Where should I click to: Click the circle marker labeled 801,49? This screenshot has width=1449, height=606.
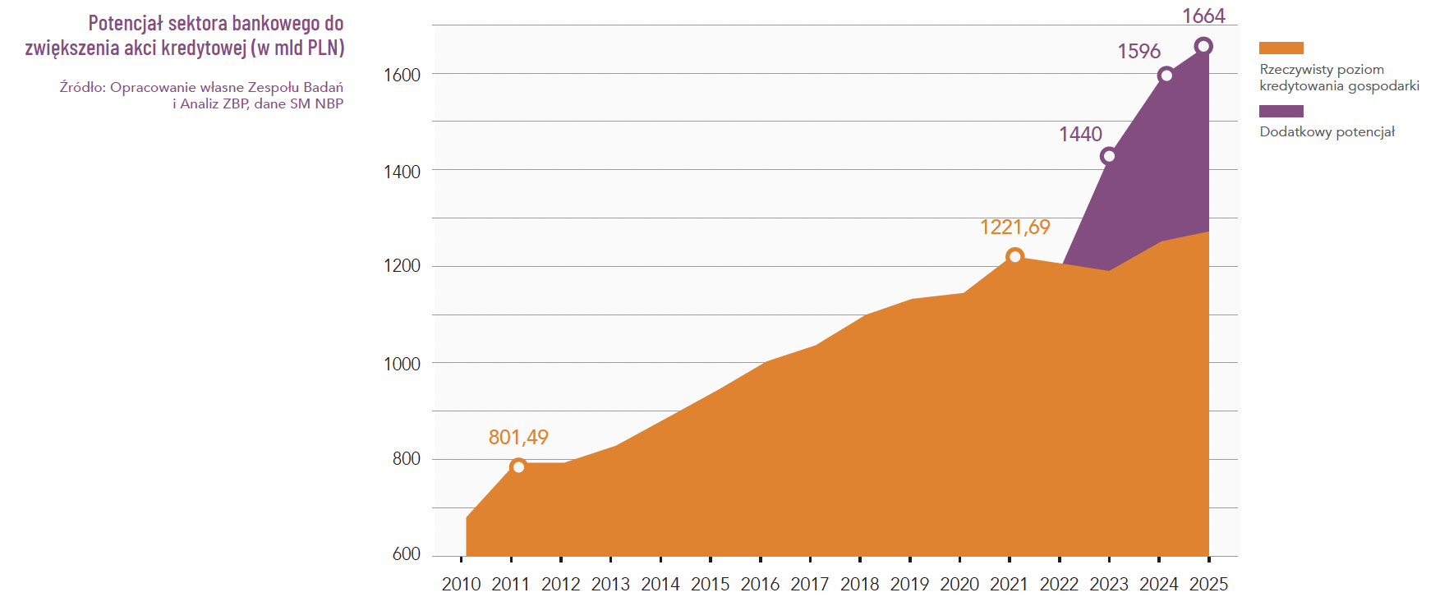point(518,466)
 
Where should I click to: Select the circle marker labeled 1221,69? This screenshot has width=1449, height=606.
point(1014,257)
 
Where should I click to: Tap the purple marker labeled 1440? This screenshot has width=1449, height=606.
point(1108,156)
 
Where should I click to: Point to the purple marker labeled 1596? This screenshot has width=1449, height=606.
point(1166,76)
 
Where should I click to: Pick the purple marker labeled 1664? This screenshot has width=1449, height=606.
point(1203,46)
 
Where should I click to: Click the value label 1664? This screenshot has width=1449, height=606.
point(1203,16)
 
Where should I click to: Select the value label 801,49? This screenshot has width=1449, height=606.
point(518,438)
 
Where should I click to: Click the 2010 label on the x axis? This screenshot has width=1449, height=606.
point(461,584)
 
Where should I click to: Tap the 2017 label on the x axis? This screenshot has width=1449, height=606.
point(810,584)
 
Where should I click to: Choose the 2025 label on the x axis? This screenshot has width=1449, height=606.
point(1208,584)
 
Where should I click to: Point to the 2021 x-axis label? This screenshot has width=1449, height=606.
point(1009,584)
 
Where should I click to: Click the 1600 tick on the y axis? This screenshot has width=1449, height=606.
point(402,76)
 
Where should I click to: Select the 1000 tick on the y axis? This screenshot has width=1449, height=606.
point(402,364)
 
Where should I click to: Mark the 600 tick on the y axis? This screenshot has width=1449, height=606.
point(406,554)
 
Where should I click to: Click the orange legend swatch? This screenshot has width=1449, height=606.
point(1281,48)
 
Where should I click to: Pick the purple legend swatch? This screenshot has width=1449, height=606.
point(1281,111)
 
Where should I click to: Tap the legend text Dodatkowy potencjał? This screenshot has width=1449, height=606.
point(1327,132)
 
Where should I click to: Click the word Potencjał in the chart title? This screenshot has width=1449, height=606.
point(126,23)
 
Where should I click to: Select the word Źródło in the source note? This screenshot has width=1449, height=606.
point(80,87)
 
